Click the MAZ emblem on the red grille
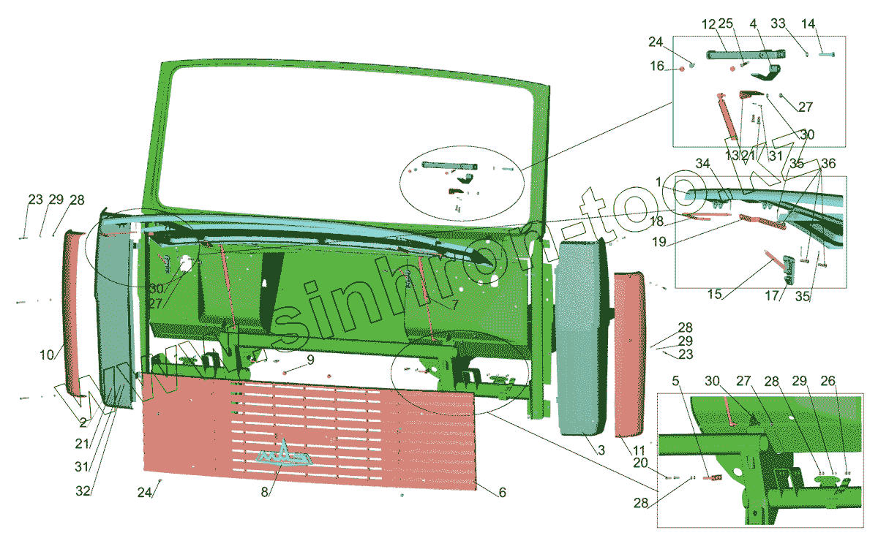(285, 455)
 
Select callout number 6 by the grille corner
(502, 493)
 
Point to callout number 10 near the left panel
(47, 355)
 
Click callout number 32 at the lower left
(83, 491)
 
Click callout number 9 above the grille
(310, 360)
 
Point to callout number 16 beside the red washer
(657, 67)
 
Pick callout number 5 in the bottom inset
(676, 381)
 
